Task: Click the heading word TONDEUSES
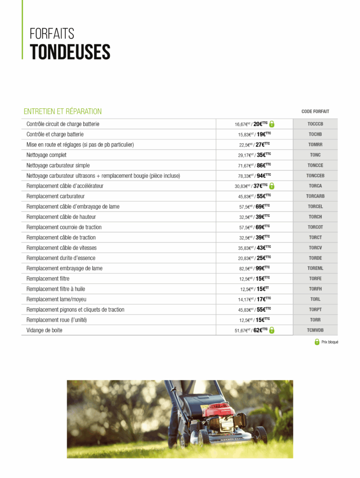click(70, 52)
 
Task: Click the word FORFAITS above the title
click(52, 34)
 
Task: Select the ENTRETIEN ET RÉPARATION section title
click(62, 112)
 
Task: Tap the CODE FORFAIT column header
click(315, 112)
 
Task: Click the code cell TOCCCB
click(315, 124)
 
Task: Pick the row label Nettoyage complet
click(47, 155)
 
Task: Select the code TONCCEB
click(315, 176)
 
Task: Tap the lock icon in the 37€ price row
click(272, 186)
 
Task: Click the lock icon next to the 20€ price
click(272, 124)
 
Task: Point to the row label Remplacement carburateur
click(55, 196)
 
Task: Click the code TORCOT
click(315, 227)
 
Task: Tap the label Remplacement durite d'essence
click(61, 258)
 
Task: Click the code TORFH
click(315, 289)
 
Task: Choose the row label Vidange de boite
click(44, 330)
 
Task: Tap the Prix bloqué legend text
click(329, 342)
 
